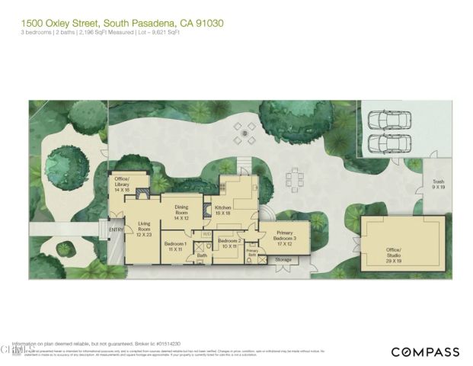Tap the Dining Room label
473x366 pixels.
click(181, 211)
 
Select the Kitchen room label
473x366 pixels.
click(222, 211)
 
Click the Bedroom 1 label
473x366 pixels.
click(176, 246)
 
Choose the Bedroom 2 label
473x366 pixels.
click(229, 244)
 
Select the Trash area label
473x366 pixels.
click(439, 184)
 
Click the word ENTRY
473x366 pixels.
click(116, 230)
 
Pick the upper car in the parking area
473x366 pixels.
click(389, 121)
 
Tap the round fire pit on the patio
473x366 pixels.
click(244, 133)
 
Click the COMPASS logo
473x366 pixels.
click(425, 352)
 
